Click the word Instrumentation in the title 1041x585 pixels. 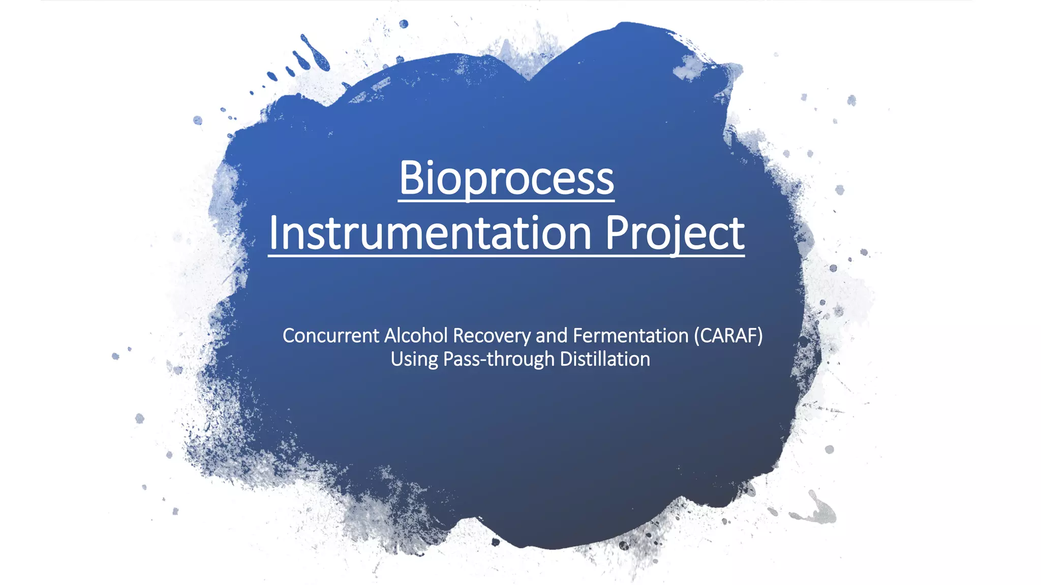[430, 233]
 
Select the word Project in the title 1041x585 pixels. [675, 233]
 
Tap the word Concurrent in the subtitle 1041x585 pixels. [331, 336]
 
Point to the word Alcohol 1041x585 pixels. [416, 336]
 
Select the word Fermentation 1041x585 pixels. [630, 336]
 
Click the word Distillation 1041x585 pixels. [604, 359]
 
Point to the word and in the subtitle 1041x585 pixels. [552, 336]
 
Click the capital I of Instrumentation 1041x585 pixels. [274, 233]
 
